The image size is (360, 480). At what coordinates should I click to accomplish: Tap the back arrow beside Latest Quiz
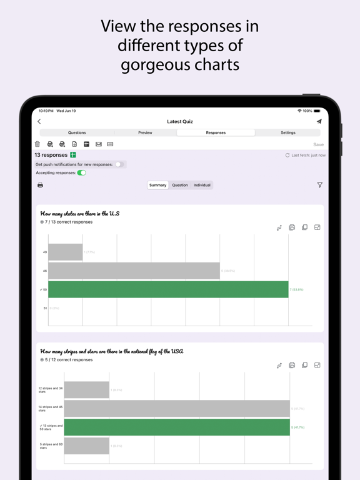coord(39,122)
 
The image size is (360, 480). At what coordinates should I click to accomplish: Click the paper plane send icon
coord(319,122)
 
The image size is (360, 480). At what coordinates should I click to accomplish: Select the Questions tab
coord(77,132)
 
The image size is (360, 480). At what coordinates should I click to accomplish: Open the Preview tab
coord(145,132)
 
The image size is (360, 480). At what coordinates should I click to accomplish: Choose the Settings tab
coord(287,132)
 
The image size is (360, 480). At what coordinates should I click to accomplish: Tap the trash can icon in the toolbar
coord(37,144)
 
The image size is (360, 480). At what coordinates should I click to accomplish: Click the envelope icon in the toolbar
coord(98,144)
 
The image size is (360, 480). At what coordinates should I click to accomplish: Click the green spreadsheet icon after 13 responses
coord(73,155)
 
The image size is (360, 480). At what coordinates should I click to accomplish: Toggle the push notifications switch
coord(119,164)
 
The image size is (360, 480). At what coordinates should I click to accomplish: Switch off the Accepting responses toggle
coord(81,172)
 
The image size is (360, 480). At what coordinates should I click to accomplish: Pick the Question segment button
coord(180,185)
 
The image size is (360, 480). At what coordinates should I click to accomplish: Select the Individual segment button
coord(202,185)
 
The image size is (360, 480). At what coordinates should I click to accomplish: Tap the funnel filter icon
coord(319,185)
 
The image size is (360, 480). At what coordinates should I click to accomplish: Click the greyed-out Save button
coord(318,144)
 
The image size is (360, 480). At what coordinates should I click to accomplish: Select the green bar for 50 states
coord(168,289)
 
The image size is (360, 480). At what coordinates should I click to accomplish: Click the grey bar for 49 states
coord(65,252)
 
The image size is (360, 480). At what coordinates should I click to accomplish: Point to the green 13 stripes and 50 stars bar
coord(177,427)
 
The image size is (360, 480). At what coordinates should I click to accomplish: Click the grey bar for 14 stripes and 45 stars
coord(177,409)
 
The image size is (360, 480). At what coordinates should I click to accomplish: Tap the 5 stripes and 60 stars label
coord(50,446)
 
